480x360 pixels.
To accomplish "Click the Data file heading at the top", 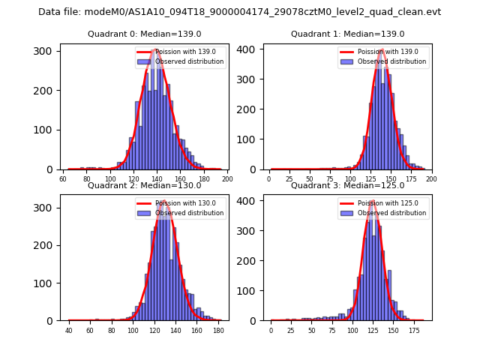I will (x=239, y=12).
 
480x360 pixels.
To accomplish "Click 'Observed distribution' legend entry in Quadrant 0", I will (x=184, y=61).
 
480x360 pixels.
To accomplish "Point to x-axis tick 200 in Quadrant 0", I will (x=227, y=179).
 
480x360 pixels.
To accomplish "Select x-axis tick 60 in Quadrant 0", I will (x=62, y=179).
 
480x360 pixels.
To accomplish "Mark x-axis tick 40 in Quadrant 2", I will (x=69, y=331).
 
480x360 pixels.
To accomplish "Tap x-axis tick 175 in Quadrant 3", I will (x=413, y=331).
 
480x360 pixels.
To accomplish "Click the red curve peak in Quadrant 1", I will (x=382, y=50).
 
